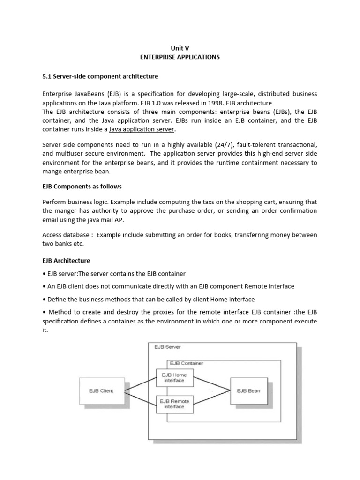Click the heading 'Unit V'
tap(180, 48)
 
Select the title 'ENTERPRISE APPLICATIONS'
tap(180, 57)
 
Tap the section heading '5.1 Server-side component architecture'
tap(100, 76)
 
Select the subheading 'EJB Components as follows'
tap(82, 187)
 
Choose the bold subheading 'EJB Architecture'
tap(66, 261)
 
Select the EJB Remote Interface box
tap(174, 404)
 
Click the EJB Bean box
tap(248, 390)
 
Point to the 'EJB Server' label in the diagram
tap(167, 347)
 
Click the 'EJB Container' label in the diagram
tap(187, 363)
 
